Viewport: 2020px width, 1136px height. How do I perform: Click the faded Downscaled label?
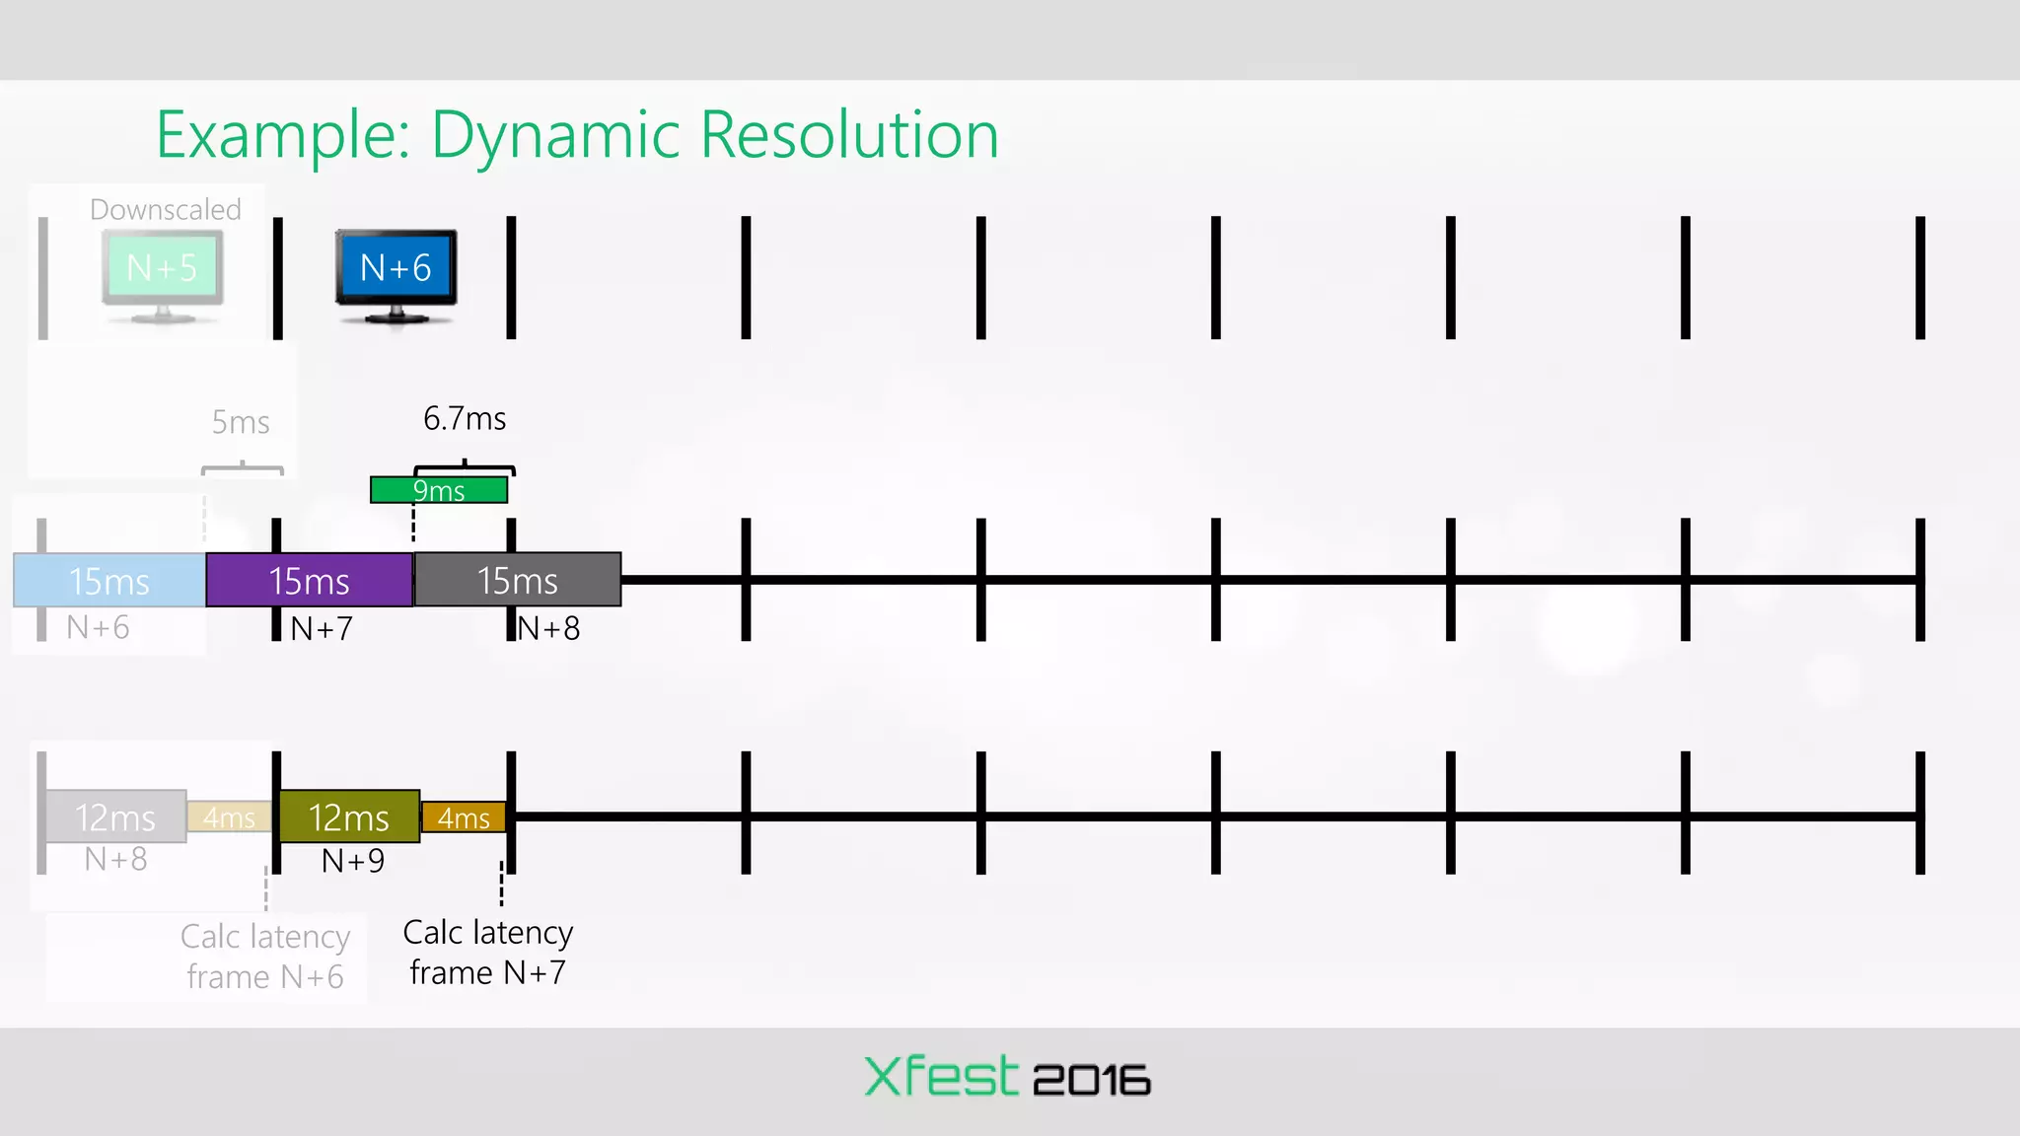[x=166, y=210]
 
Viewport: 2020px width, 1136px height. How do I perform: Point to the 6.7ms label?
[x=465, y=419]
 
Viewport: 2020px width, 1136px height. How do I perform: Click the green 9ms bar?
[x=439, y=490]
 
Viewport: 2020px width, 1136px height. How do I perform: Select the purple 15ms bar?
[x=309, y=581]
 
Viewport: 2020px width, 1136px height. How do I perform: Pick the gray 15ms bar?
[x=518, y=581]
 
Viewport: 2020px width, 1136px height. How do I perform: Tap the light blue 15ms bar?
[x=109, y=581]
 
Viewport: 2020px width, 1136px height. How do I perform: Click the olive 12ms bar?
[x=349, y=817]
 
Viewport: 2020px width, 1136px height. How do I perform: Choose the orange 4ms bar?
[x=464, y=817]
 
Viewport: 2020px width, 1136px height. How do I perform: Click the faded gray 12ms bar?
[x=115, y=817]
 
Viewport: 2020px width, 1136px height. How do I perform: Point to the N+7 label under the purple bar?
[x=322, y=628]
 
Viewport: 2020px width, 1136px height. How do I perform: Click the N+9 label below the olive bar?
[x=353, y=861]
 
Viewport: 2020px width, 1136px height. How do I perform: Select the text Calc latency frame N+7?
[x=488, y=953]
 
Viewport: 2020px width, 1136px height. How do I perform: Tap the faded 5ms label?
[x=241, y=423]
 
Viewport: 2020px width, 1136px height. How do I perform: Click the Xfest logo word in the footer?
[x=940, y=1077]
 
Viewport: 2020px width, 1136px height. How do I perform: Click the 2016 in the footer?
[x=1092, y=1081]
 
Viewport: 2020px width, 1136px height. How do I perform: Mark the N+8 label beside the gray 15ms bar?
[x=549, y=628]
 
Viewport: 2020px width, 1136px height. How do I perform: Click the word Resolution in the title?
[x=849, y=136]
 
